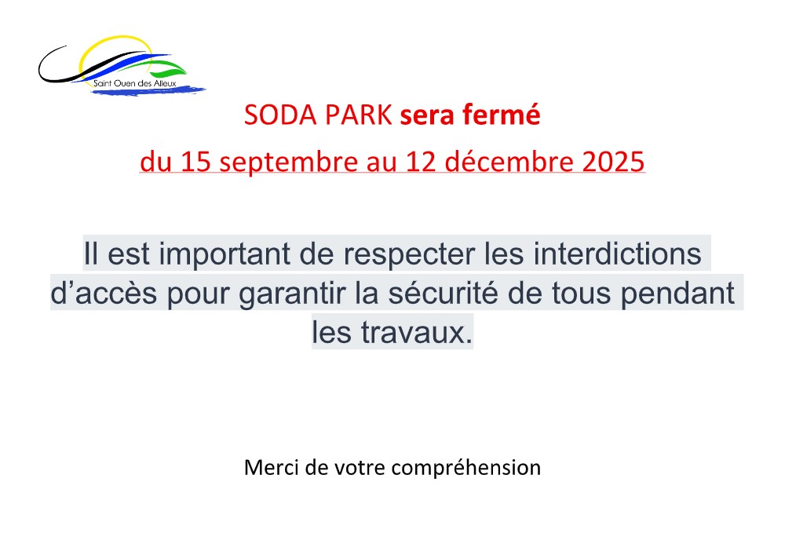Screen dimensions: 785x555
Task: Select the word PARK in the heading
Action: click(x=359, y=115)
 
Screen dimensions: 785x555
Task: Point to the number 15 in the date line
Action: click(x=195, y=162)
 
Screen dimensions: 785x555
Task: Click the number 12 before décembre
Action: click(x=421, y=162)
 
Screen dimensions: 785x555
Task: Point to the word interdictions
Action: click(x=617, y=254)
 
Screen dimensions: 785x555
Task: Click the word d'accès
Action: click(x=104, y=294)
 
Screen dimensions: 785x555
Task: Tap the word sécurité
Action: click(x=443, y=293)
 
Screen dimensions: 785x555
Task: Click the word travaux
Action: click(x=417, y=333)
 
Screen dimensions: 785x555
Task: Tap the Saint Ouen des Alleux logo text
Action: click(x=135, y=83)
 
